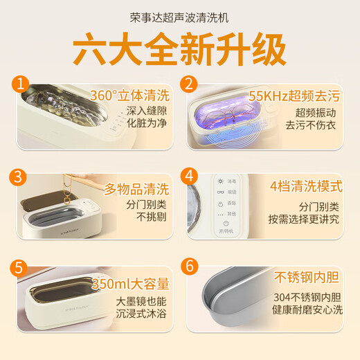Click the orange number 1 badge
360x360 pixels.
tap(21, 84)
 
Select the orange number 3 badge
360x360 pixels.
tap(21, 175)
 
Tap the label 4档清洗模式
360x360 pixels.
tap(306, 187)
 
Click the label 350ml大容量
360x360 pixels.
tap(136, 284)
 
